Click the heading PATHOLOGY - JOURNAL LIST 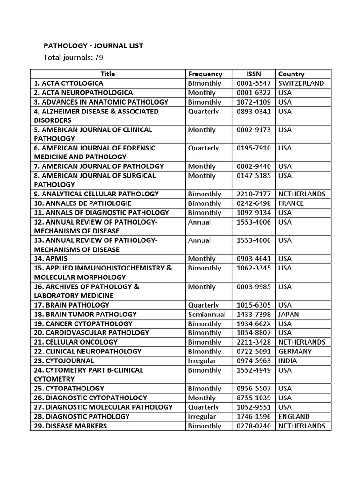93,45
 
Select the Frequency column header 205,74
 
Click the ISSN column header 254,74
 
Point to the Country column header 291,74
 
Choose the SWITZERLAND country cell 301,83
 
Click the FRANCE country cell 291,203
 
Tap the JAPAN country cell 288,315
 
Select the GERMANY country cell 295,352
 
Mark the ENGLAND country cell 294,416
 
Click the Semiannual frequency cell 207,315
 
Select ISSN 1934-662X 254,324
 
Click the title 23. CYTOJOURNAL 64,361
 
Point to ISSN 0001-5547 254,83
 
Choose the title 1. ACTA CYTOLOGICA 68,83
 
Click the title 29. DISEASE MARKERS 70,426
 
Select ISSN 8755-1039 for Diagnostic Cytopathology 254,398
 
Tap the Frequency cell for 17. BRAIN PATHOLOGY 203,305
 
